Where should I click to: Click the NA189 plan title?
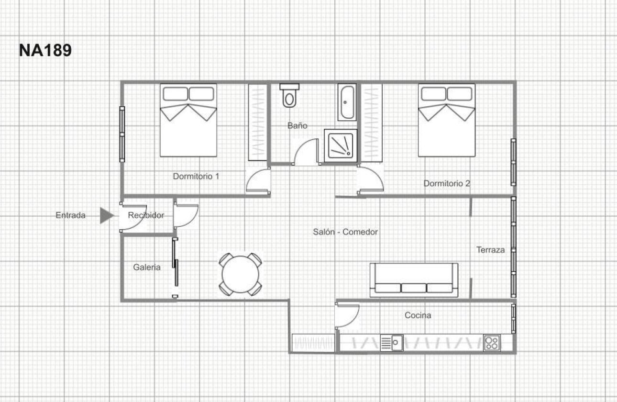point(45,50)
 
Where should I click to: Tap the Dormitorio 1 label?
point(196,176)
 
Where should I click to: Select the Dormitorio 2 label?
point(447,183)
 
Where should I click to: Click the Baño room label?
point(297,126)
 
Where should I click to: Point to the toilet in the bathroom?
point(289,96)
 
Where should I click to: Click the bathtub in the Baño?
point(347,102)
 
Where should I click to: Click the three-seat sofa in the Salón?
point(414,279)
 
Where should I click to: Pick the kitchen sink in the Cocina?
point(391,343)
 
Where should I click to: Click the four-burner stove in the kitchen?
point(492,343)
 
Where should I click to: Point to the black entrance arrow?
point(106,215)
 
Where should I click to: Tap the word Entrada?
point(71,215)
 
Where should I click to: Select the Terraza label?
point(490,250)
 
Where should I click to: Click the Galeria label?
point(147,268)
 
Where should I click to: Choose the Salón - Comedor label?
point(345,232)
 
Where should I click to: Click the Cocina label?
point(418,315)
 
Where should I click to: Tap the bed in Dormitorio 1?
point(188,120)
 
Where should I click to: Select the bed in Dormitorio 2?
point(447,120)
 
